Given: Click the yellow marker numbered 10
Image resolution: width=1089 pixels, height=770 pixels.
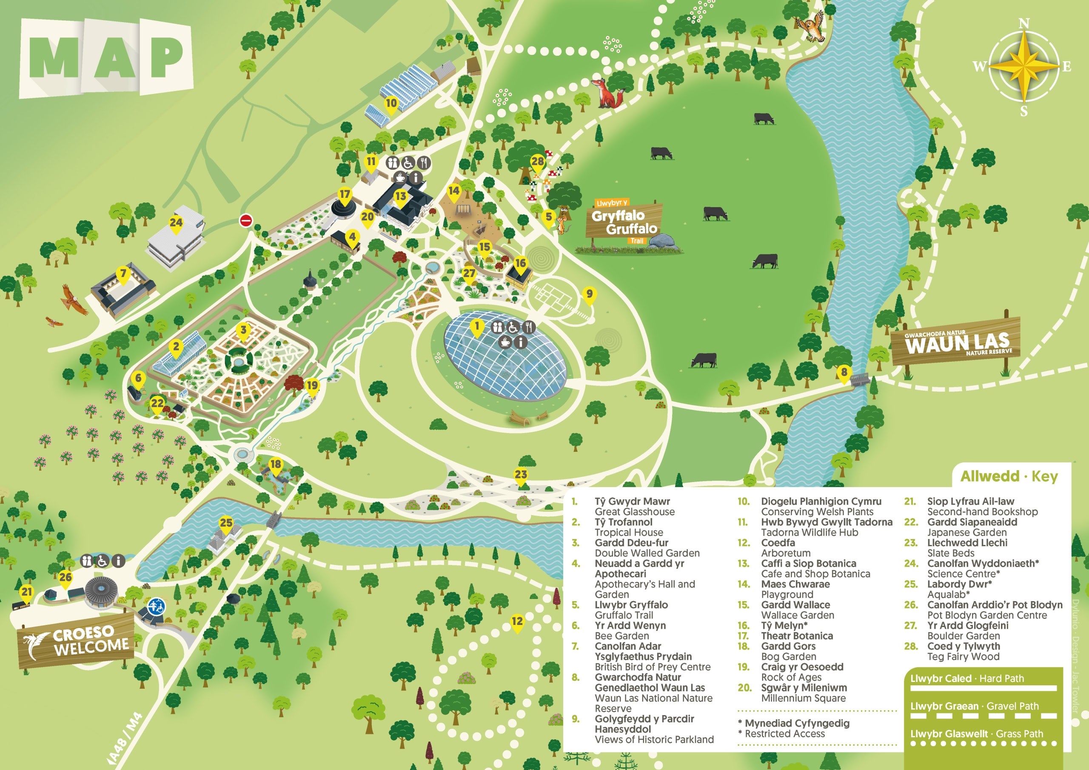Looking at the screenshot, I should (x=391, y=104).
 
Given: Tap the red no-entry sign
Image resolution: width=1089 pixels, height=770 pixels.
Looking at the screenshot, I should (x=246, y=220).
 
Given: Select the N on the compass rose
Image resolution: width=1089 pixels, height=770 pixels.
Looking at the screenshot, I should (x=1024, y=23).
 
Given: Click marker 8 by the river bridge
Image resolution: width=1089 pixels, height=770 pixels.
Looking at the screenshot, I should (x=844, y=372).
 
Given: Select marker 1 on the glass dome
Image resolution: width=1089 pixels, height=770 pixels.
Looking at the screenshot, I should (x=477, y=326).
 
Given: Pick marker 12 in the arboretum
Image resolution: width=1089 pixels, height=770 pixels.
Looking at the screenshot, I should (x=517, y=622).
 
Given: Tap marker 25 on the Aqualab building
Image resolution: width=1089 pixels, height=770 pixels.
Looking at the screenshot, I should (x=226, y=523).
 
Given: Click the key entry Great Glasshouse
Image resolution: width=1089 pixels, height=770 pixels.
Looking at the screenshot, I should (x=635, y=512).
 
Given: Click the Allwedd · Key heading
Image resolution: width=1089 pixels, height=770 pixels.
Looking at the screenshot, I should (x=1009, y=476).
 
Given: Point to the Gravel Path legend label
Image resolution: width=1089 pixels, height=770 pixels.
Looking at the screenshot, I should (x=974, y=706).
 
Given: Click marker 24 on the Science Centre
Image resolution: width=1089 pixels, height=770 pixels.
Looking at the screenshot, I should (x=176, y=222).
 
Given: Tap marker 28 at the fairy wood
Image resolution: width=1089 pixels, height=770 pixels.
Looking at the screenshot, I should (x=537, y=162).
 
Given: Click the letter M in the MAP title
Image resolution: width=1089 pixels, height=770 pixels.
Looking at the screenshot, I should (x=54, y=57).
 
